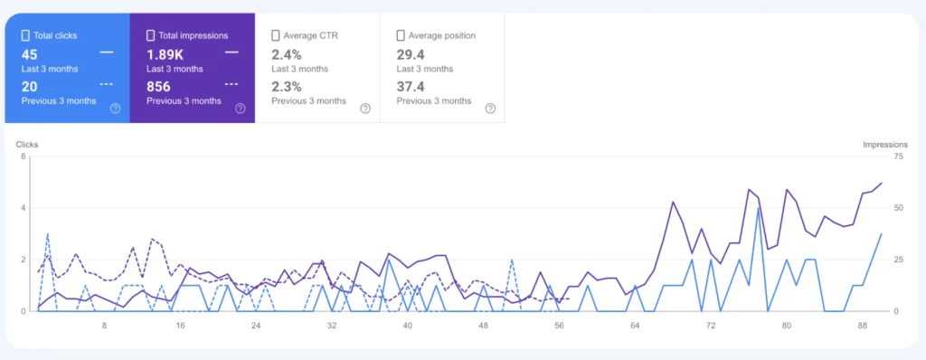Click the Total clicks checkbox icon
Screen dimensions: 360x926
pyautogui.click(x=25, y=36)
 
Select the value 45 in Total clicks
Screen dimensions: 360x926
pyautogui.click(x=29, y=54)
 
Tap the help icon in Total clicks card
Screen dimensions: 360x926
pyautogui.click(x=115, y=109)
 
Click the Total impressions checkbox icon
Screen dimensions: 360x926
pyautogui.click(x=151, y=36)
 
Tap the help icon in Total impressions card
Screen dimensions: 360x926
pyautogui.click(x=240, y=109)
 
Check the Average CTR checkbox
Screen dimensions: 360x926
pyautogui.click(x=276, y=36)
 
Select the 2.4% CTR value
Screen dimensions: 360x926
pyautogui.click(x=288, y=54)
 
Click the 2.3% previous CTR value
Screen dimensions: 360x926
pyautogui.click(x=288, y=87)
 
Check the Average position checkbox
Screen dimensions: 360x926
pyautogui.click(x=401, y=36)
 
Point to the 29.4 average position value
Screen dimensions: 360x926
pyautogui.click(x=412, y=54)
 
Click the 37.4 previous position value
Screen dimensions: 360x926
pyautogui.click(x=412, y=87)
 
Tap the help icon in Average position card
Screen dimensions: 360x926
pyautogui.click(x=490, y=109)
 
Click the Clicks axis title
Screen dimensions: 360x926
pyautogui.click(x=27, y=144)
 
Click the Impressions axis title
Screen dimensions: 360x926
pyautogui.click(x=884, y=144)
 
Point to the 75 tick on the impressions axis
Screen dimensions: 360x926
pyautogui.click(x=872, y=156)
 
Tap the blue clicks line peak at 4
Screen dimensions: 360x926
pyautogui.click(x=758, y=208)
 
